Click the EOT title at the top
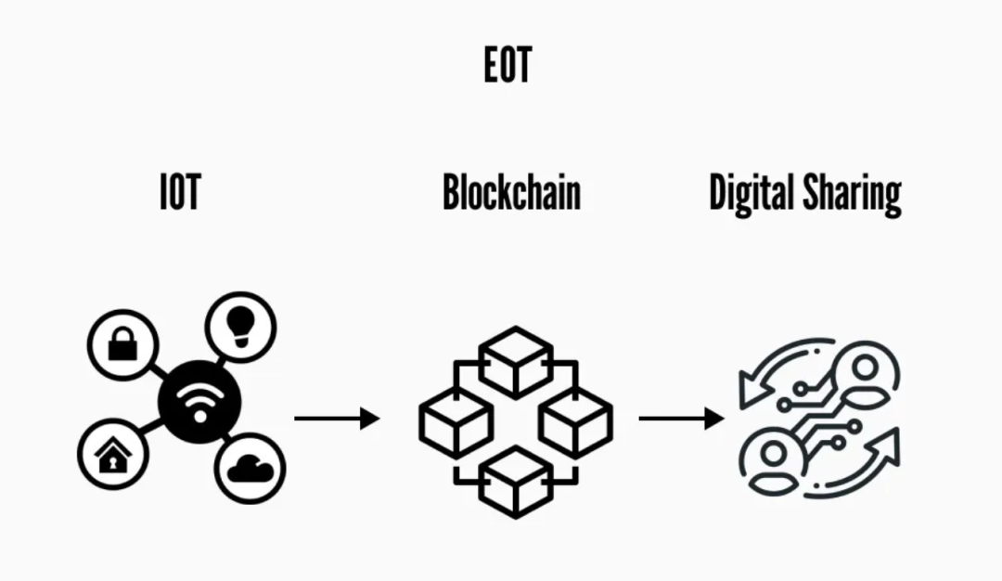[507, 66]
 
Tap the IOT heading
[180, 192]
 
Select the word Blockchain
[511, 193]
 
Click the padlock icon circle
[122, 344]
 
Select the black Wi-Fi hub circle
[199, 402]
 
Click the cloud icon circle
[250, 469]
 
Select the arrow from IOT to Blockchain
[337, 419]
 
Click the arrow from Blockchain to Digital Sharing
[681, 419]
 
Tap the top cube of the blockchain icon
[516, 361]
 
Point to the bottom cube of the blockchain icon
[516, 481]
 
